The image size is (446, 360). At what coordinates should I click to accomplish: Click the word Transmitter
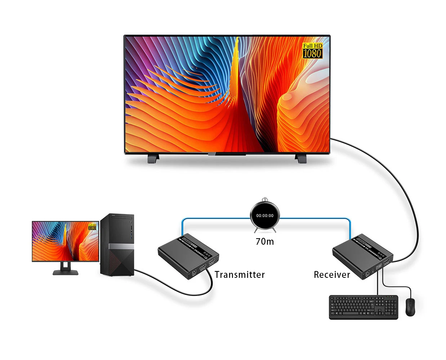coord(240,275)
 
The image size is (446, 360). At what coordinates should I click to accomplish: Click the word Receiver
coord(332,275)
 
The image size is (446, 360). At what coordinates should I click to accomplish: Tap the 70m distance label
coord(265,241)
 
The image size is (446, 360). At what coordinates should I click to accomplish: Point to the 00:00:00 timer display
coord(265,215)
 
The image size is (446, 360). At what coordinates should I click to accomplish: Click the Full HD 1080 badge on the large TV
coord(312,50)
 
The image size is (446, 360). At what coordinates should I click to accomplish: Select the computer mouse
coord(410,307)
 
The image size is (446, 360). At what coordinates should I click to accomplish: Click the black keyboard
coord(363,307)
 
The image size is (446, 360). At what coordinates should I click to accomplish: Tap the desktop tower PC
coord(117,245)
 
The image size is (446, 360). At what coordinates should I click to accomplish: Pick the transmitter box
coord(188,256)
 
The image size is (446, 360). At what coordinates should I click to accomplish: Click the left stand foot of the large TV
coord(153,158)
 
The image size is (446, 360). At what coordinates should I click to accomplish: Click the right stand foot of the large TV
coord(300,158)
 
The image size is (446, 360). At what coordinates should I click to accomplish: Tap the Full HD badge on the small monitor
coord(92,226)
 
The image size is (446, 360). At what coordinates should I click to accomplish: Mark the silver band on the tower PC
coord(117,246)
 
